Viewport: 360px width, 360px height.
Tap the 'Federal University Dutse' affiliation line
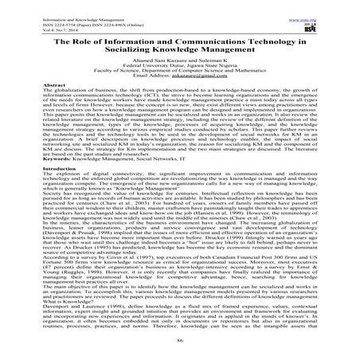point(179,65)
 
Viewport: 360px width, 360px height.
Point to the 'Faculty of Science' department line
point(179,72)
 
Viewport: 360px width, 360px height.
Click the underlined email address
point(206,78)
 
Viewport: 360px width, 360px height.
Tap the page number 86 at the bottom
point(179,355)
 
